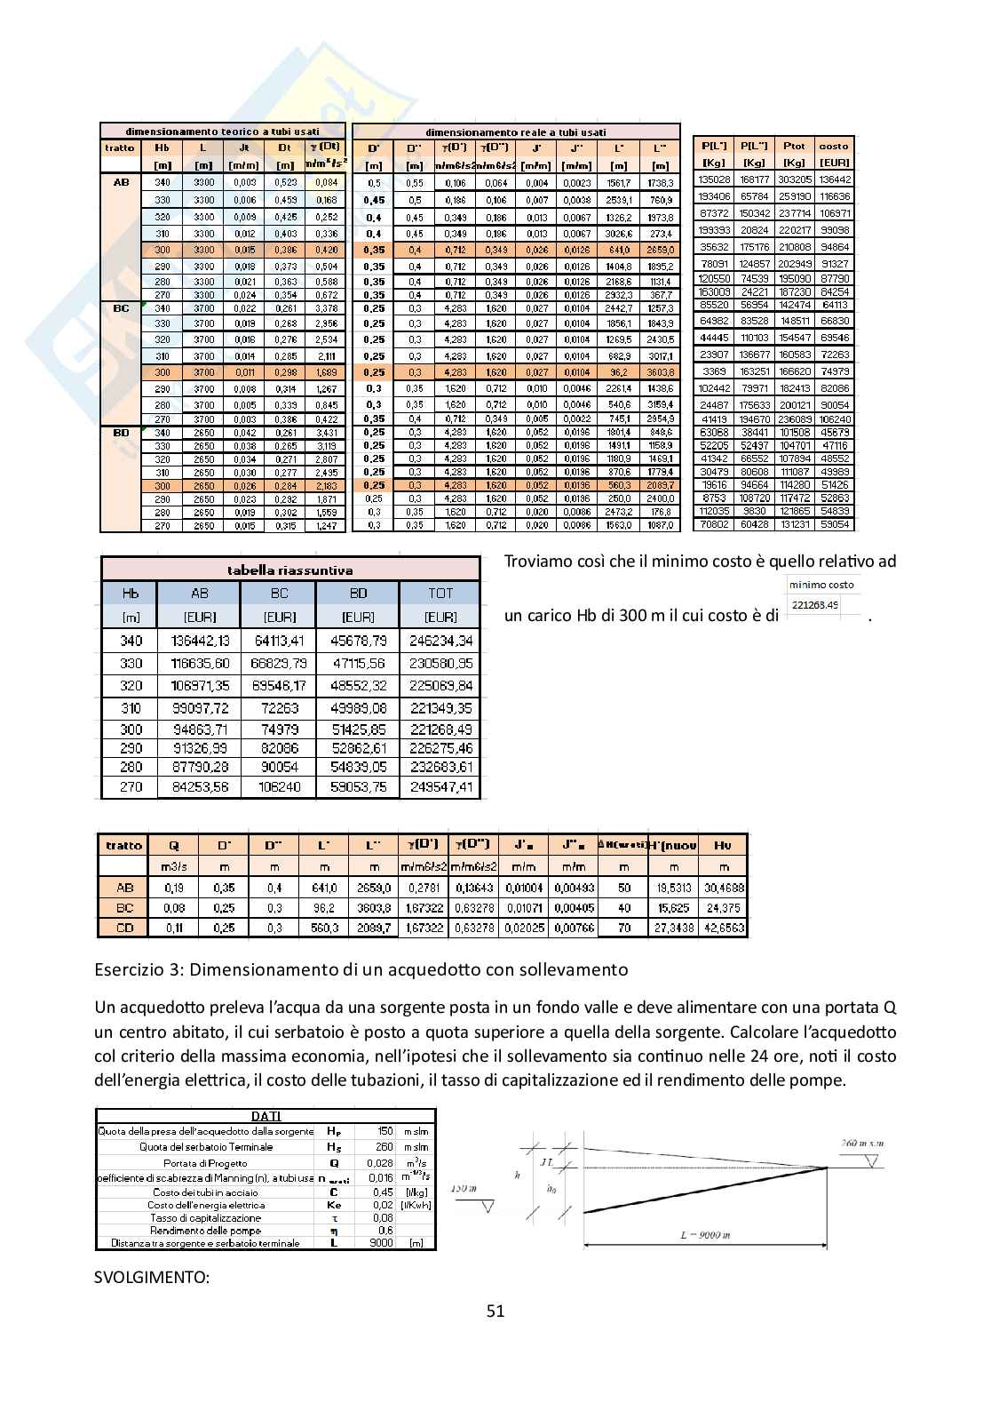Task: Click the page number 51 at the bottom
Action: [x=495, y=1311]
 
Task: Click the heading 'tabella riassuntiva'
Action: [x=289, y=570]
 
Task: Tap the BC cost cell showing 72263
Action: [x=280, y=708]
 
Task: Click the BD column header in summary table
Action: [x=358, y=593]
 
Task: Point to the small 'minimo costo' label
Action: [x=821, y=585]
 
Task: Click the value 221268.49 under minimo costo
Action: [x=813, y=605]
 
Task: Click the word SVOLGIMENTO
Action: [x=152, y=1278]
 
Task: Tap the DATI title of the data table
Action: [x=266, y=1116]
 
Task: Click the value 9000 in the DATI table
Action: [x=381, y=1243]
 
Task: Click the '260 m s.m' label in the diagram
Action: [x=861, y=1144]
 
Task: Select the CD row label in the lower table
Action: [x=124, y=927]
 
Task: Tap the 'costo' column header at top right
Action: [x=834, y=146]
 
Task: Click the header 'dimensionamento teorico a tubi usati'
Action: [x=222, y=132]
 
